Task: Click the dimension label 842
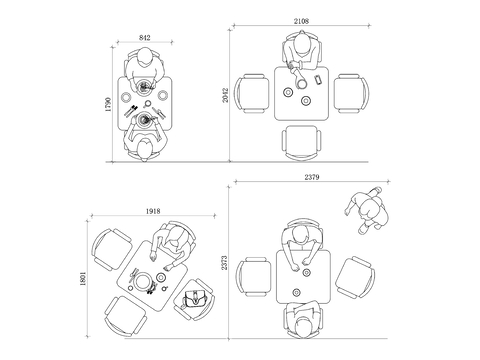click(145, 38)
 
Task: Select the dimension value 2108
click(301, 21)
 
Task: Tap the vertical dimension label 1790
click(108, 104)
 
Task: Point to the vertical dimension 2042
click(225, 95)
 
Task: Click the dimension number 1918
click(153, 211)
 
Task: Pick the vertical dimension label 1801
click(83, 279)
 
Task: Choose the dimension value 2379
click(312, 177)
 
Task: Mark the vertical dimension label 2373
click(224, 263)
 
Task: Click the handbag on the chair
click(195, 299)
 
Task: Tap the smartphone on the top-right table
click(318, 80)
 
